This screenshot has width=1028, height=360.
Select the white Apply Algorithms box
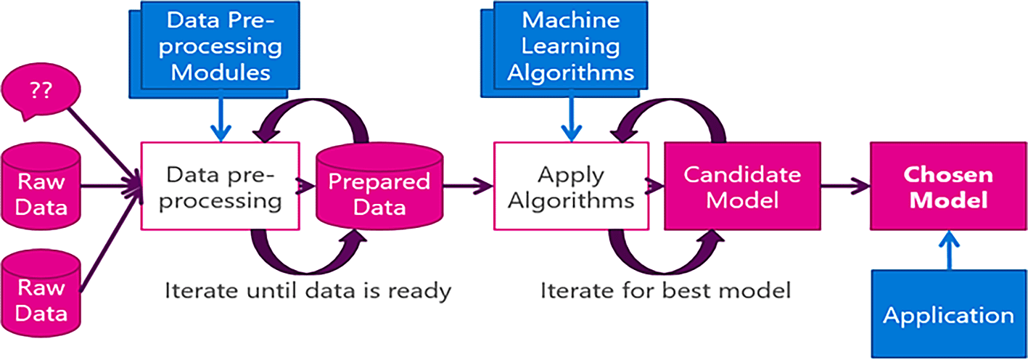tap(570, 187)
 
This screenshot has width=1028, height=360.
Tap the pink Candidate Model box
tap(742, 187)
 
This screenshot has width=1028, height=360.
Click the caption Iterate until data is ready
tap(308, 291)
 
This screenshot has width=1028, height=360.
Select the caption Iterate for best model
tap(665, 291)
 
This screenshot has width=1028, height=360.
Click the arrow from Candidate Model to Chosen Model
tap(846, 187)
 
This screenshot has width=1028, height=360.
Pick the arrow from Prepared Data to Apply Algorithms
tap(468, 187)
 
